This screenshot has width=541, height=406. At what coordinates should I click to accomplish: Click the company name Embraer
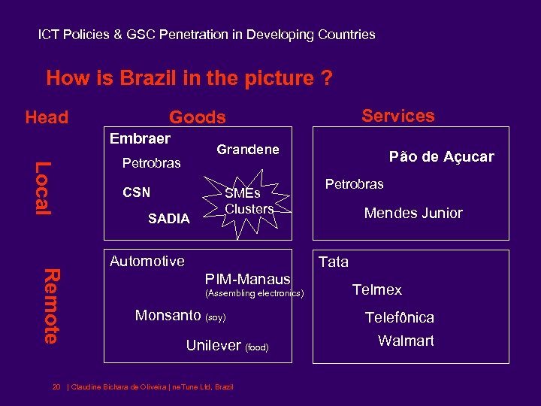click(x=140, y=139)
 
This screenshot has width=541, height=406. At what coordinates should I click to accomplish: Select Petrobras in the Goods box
click(x=151, y=163)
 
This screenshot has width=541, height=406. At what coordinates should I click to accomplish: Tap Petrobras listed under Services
click(x=354, y=184)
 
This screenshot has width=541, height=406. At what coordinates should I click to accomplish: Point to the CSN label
click(x=136, y=192)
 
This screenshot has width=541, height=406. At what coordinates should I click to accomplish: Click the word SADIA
click(x=169, y=218)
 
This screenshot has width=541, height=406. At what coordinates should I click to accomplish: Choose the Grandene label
click(x=247, y=150)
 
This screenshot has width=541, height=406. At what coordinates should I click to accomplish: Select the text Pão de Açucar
click(x=441, y=157)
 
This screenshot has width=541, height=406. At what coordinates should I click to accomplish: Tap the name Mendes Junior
click(x=413, y=214)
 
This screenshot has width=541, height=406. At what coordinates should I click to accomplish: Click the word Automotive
click(x=147, y=262)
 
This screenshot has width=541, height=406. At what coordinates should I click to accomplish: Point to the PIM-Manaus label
click(x=247, y=279)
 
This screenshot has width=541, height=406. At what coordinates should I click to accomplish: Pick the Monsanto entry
click(x=168, y=316)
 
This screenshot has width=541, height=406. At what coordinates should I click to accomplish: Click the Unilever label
click(x=213, y=346)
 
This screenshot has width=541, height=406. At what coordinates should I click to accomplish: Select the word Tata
click(x=334, y=262)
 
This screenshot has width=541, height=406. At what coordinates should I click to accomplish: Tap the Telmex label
click(x=377, y=290)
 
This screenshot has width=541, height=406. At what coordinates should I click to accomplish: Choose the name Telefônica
click(x=399, y=317)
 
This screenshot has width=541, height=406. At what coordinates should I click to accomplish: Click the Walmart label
click(x=406, y=341)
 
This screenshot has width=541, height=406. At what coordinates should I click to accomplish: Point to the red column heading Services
click(x=397, y=116)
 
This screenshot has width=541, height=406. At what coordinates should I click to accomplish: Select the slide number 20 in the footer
click(x=56, y=387)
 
